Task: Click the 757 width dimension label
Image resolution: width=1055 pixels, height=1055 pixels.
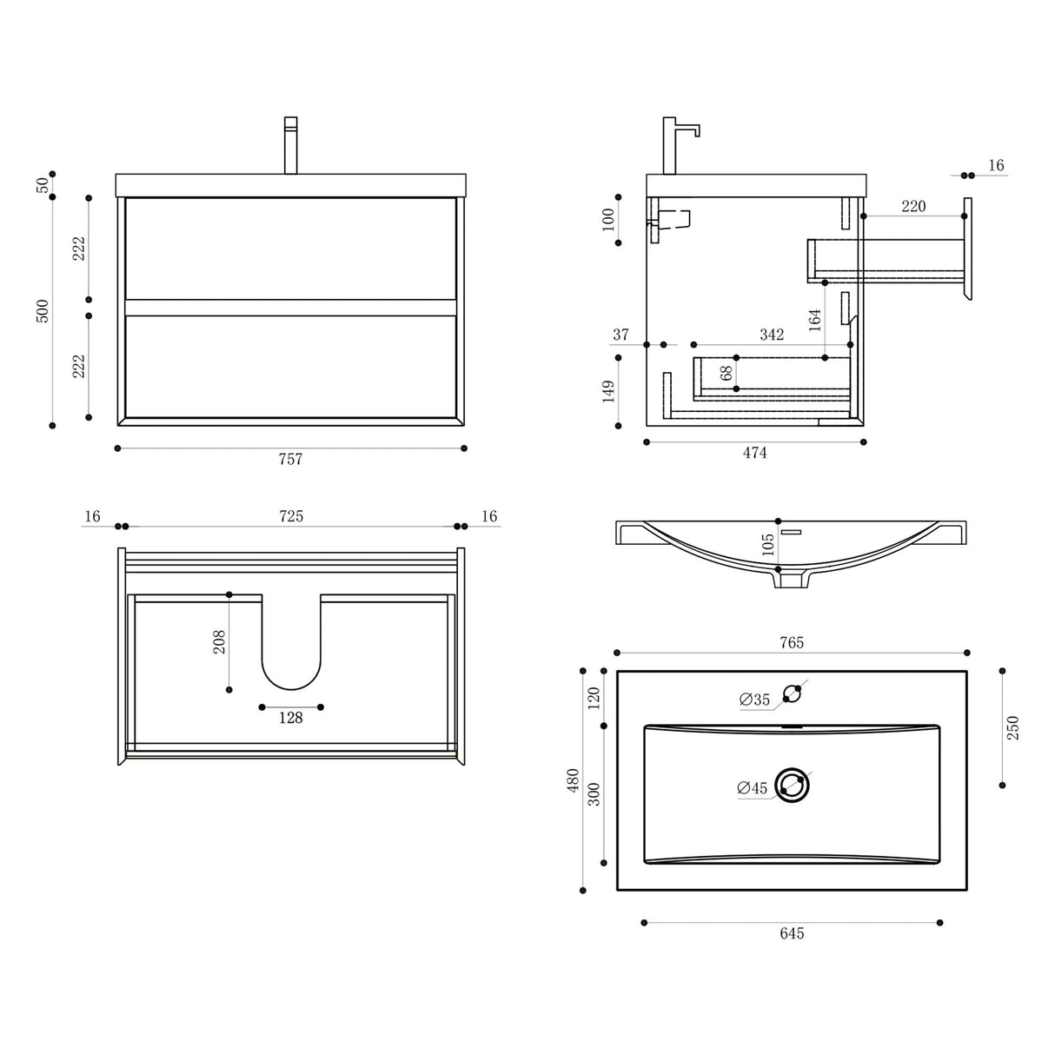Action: click(x=290, y=459)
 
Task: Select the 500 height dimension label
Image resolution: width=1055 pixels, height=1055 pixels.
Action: click(x=43, y=310)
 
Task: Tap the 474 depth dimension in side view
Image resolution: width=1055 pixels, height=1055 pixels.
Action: click(x=754, y=453)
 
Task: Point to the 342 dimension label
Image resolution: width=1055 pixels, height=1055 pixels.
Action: click(x=771, y=335)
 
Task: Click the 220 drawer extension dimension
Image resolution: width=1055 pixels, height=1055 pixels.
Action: click(x=913, y=206)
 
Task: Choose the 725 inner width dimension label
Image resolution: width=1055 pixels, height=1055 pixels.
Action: click(x=291, y=516)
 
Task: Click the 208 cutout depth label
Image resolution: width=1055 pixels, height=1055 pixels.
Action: click(x=219, y=642)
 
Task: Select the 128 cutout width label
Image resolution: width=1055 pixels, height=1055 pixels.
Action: click(x=290, y=718)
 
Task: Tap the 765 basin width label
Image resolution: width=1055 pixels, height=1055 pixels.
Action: click(x=792, y=643)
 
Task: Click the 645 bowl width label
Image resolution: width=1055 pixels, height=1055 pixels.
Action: click(x=792, y=933)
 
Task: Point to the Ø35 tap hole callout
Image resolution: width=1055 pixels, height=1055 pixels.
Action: click(x=754, y=700)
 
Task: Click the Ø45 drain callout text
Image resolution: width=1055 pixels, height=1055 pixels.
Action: click(x=752, y=788)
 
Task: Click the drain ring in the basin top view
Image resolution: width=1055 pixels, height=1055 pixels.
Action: click(x=792, y=786)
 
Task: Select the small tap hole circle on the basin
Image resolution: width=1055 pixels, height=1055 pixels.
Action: click(x=792, y=693)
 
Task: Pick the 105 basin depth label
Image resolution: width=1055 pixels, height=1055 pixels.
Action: click(x=767, y=545)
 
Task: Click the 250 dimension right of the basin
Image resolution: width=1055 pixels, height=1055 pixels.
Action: click(x=1012, y=727)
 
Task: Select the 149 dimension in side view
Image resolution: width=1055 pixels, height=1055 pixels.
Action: click(x=608, y=391)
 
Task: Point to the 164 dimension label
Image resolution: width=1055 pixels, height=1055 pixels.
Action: click(x=814, y=320)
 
